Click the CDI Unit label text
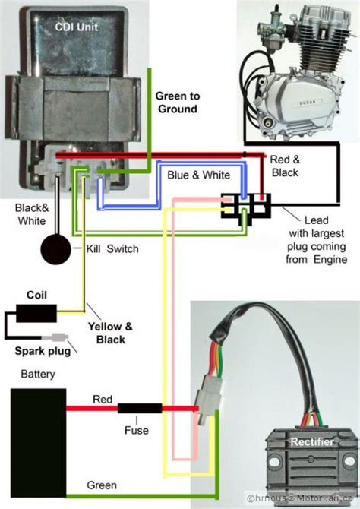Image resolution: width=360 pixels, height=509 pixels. click(x=76, y=27)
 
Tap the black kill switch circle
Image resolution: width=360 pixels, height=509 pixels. click(x=55, y=250)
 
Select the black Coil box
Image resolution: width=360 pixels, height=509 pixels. click(x=36, y=313)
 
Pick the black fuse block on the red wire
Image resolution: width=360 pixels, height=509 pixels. click(x=140, y=408)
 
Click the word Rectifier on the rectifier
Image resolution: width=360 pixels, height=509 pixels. click(x=312, y=442)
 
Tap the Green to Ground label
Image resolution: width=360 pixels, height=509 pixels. click(x=178, y=103)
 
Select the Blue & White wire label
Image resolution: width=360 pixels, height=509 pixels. click(x=199, y=175)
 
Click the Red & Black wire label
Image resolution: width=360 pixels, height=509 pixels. click(x=285, y=166)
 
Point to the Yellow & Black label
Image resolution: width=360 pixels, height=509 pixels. click(x=110, y=333)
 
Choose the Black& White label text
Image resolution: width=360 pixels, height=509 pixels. click(x=32, y=214)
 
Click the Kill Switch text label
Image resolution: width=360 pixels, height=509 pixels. click(x=112, y=249)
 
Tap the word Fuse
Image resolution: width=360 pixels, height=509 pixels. click(x=137, y=430)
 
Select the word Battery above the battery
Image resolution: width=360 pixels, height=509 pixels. click(x=38, y=374)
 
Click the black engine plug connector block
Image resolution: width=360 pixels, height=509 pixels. click(x=246, y=207)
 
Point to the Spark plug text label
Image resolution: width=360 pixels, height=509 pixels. click(x=43, y=351)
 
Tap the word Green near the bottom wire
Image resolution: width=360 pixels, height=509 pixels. click(x=102, y=485)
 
